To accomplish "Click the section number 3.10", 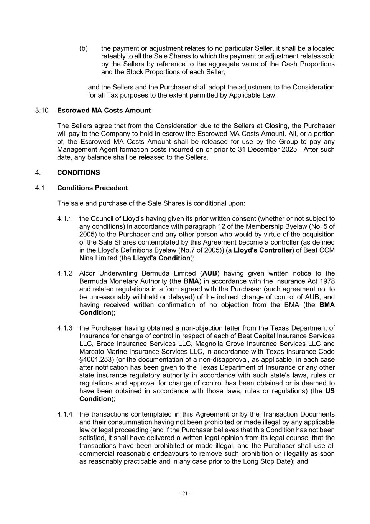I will point(42,111).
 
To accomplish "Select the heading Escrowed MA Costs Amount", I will point(104,111).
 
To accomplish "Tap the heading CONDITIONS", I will point(78,173).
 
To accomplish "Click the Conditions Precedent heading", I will point(92,188).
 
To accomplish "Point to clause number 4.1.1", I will point(65,219).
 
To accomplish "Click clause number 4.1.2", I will point(65,273).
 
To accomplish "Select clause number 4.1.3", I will point(65,328).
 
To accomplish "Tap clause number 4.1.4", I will point(65,414).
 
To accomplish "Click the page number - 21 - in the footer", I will point(185,494).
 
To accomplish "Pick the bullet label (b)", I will point(84,48).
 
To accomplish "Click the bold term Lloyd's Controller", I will point(263,250).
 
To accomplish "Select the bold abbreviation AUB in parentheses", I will point(210,273).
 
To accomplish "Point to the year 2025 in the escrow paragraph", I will point(288,149).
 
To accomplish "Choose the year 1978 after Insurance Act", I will point(326,281).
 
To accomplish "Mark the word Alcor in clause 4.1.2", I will point(88,273).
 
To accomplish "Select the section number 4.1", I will point(40,188).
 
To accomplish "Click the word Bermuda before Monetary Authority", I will point(92,281).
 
